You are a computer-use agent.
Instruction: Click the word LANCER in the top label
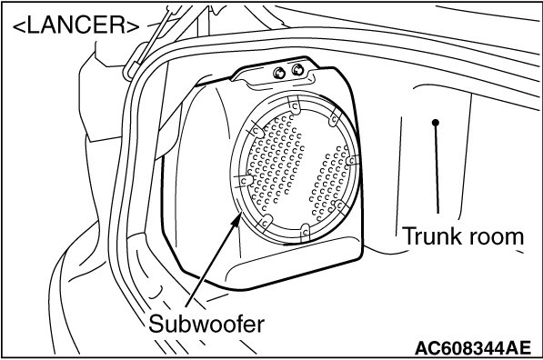(75, 25)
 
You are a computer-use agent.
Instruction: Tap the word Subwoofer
(206, 324)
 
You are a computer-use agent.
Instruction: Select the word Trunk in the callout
(432, 236)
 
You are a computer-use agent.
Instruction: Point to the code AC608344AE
(472, 347)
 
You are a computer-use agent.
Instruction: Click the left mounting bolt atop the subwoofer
(279, 73)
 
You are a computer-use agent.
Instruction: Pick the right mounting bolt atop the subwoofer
(297, 70)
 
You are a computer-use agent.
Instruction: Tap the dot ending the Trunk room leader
(436, 123)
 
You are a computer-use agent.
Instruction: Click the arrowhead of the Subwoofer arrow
(236, 221)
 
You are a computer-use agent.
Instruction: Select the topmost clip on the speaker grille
(295, 105)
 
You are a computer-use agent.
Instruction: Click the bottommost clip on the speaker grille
(305, 232)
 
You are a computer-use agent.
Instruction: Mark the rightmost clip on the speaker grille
(353, 160)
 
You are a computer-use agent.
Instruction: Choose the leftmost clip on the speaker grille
(244, 180)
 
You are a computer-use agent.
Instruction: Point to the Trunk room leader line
(437, 168)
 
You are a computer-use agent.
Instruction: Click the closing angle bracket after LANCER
(133, 26)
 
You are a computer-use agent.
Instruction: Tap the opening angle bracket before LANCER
(19, 26)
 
